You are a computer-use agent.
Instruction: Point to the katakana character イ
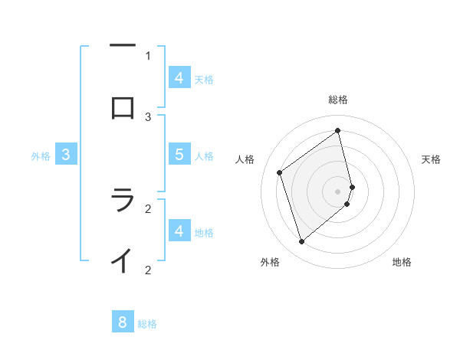[123, 260]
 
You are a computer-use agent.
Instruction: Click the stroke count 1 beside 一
[148, 55]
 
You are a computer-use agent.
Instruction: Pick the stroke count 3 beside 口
[148, 116]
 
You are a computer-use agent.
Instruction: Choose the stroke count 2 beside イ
[148, 270]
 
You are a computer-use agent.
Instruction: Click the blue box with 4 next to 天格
[179, 77]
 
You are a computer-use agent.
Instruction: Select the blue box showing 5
[179, 154]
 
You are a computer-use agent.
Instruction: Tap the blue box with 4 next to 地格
[179, 231]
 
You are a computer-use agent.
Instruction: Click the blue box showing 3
[66, 154]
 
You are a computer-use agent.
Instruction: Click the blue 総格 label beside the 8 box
[147, 324]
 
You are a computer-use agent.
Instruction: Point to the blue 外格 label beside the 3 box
[41, 156]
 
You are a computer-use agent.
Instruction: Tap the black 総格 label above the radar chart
[338, 100]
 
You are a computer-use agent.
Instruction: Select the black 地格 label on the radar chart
[402, 262]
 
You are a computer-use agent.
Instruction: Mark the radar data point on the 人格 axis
[280, 173]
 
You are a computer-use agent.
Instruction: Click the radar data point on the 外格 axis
[301, 242]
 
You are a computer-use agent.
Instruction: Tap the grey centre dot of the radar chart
[338, 190]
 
